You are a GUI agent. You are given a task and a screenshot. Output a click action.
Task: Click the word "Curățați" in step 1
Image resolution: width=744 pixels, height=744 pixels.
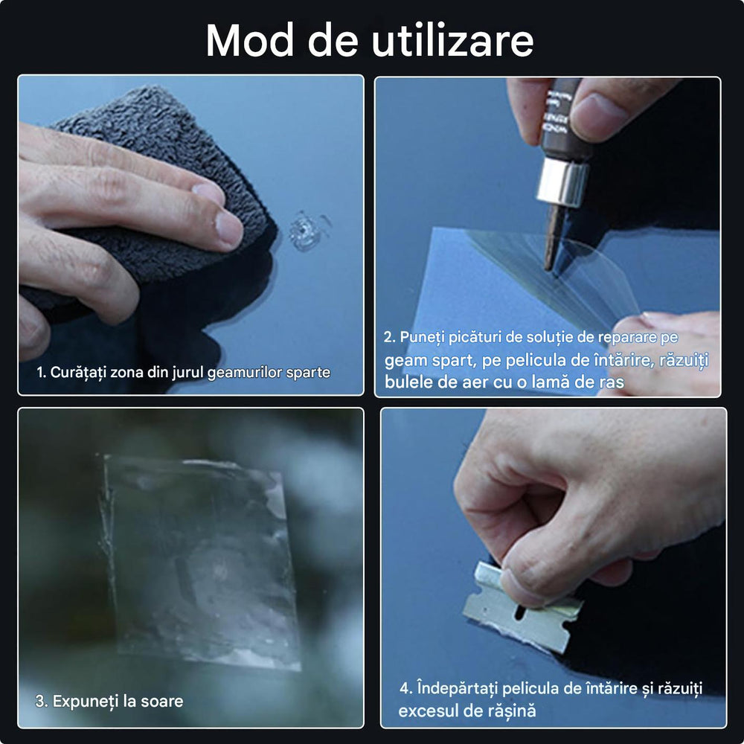point(78,372)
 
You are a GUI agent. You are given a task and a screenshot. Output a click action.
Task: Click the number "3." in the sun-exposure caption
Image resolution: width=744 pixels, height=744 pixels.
point(42,701)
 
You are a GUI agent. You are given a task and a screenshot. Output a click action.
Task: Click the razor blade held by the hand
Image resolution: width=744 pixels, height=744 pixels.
point(521,610)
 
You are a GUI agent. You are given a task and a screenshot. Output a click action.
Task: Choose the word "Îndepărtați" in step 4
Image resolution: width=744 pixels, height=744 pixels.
point(461,688)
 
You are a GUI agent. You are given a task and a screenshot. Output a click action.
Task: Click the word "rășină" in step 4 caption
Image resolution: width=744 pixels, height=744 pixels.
point(509,711)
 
